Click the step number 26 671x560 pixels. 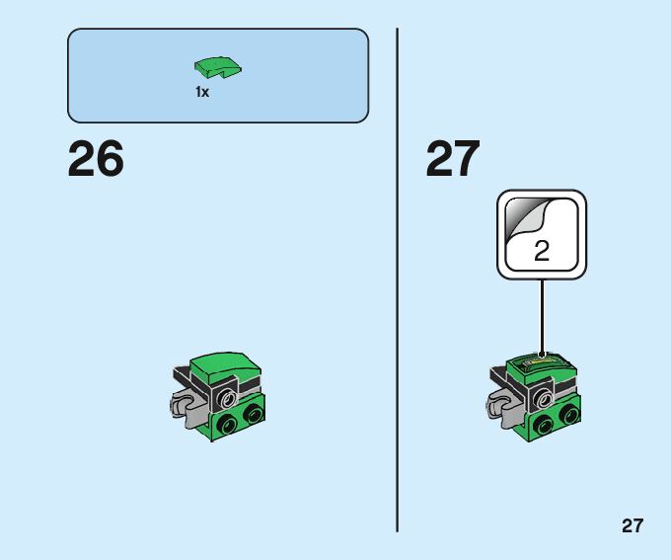(x=96, y=160)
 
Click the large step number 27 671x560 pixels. (x=453, y=160)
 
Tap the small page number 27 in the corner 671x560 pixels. (x=633, y=525)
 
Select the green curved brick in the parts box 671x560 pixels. (x=218, y=68)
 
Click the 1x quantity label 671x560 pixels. (x=202, y=92)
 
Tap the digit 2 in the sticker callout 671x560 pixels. (x=542, y=250)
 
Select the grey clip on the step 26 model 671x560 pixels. (x=182, y=405)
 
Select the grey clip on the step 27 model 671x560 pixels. (x=500, y=405)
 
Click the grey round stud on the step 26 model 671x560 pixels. (x=227, y=398)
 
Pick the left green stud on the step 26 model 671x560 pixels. (x=229, y=425)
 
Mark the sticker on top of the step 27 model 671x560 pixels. (x=542, y=364)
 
